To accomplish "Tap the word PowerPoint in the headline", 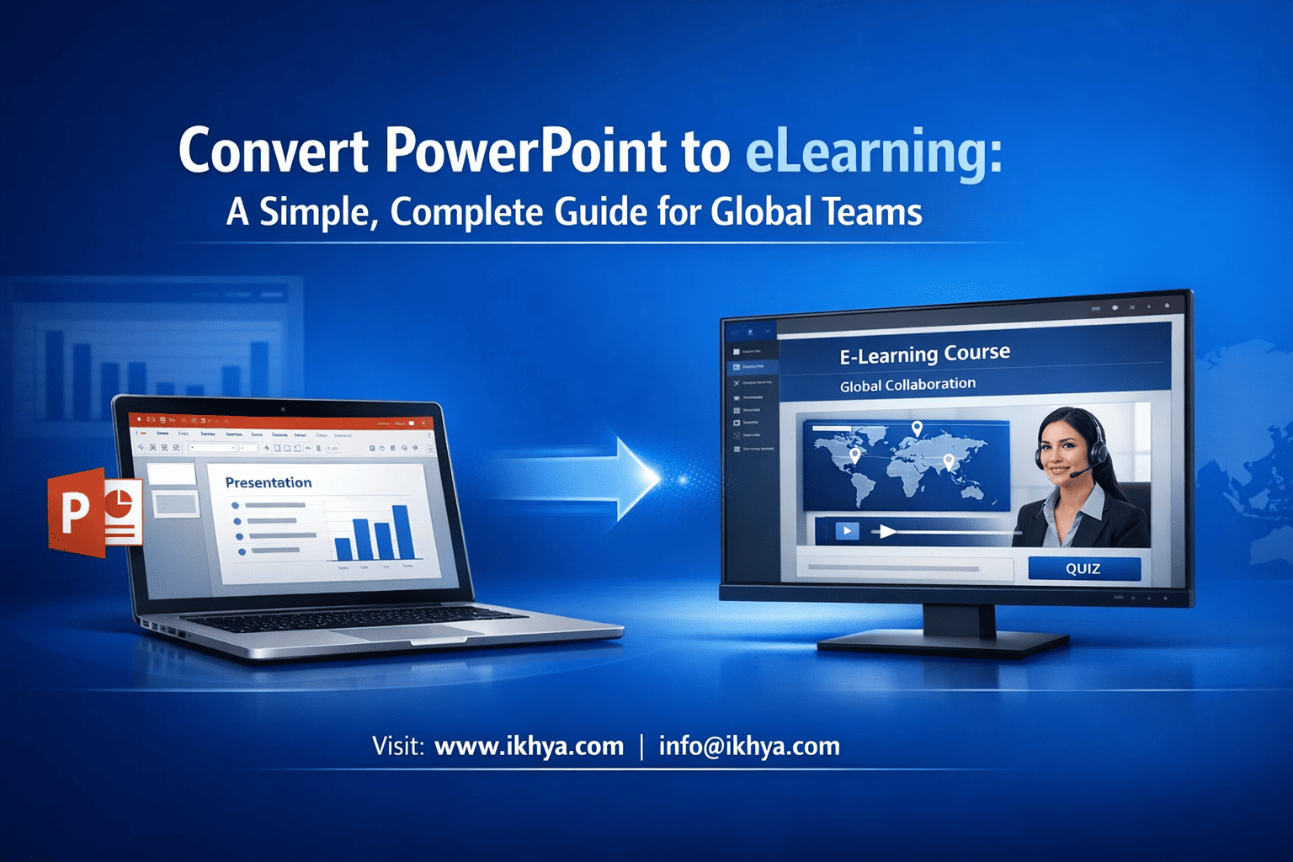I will [526, 152].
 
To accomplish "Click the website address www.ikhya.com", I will [529, 747].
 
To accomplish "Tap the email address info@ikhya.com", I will [749, 747].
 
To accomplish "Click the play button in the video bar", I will [846, 530].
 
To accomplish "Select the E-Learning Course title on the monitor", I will [924, 354].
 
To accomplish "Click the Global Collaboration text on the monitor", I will [907, 386].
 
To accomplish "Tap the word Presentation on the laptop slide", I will [268, 482].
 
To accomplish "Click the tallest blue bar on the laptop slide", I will [402, 531].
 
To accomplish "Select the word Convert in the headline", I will [274, 152].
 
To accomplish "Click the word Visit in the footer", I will [397, 747].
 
